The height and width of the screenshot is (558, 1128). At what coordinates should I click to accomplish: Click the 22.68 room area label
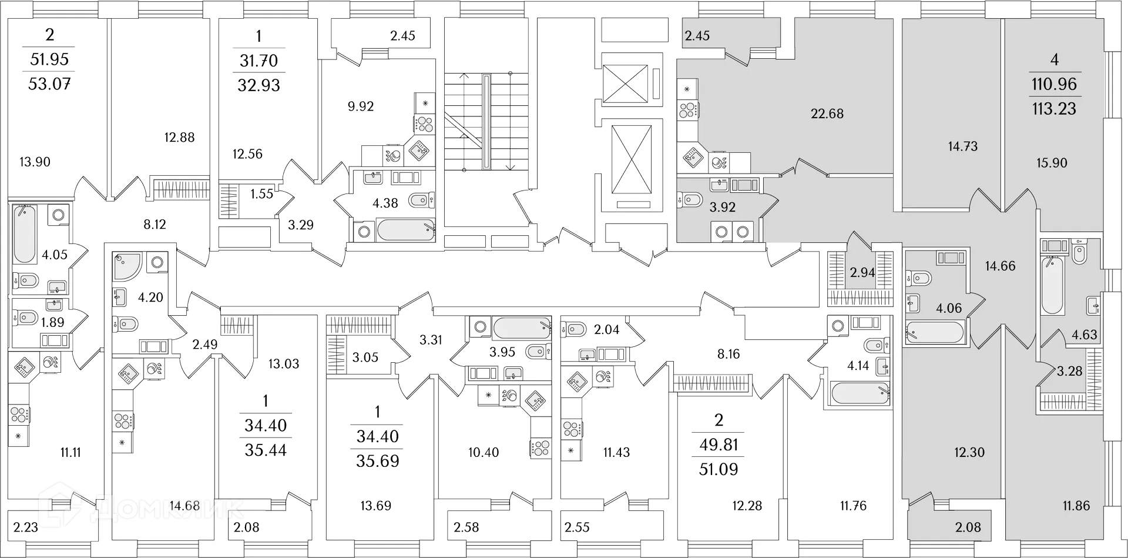[827, 113]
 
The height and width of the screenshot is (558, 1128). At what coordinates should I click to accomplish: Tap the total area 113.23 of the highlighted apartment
[1054, 109]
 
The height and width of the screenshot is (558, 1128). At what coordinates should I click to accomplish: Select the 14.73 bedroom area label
[962, 146]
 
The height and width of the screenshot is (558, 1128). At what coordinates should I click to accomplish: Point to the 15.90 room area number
[1052, 163]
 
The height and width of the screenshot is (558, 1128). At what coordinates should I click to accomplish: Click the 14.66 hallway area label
[1000, 266]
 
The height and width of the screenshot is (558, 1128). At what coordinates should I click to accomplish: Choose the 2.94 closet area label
[862, 272]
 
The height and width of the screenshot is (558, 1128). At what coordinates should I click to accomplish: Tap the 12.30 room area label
[969, 452]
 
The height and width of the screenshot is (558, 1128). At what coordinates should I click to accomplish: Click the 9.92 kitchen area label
[361, 106]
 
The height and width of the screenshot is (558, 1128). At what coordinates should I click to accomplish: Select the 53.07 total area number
[49, 84]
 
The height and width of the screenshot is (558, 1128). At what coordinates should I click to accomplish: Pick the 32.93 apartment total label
[258, 86]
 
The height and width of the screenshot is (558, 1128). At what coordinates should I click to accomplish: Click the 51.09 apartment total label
[719, 469]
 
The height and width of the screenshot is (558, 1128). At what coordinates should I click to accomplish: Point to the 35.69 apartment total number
[377, 461]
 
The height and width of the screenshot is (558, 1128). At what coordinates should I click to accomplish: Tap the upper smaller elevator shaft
[625, 83]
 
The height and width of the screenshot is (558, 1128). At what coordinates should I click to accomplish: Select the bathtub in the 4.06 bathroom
[935, 332]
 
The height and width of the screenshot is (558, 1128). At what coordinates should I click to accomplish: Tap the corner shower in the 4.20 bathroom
[127, 265]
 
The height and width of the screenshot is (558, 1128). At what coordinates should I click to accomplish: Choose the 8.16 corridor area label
[728, 354]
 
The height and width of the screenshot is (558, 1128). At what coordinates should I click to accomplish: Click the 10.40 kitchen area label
[484, 452]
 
